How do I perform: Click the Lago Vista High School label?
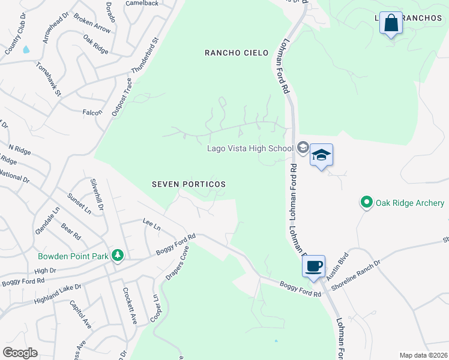250,148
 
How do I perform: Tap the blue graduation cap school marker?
321,155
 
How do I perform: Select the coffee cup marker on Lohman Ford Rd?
314,265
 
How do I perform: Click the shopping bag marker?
391,24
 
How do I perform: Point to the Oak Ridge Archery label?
410,203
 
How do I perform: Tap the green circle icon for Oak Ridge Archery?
366,203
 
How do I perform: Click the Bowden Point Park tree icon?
118,256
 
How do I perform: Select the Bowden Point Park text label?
73,256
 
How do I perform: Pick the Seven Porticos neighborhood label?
188,184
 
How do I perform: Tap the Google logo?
20,353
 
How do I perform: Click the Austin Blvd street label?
338,264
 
